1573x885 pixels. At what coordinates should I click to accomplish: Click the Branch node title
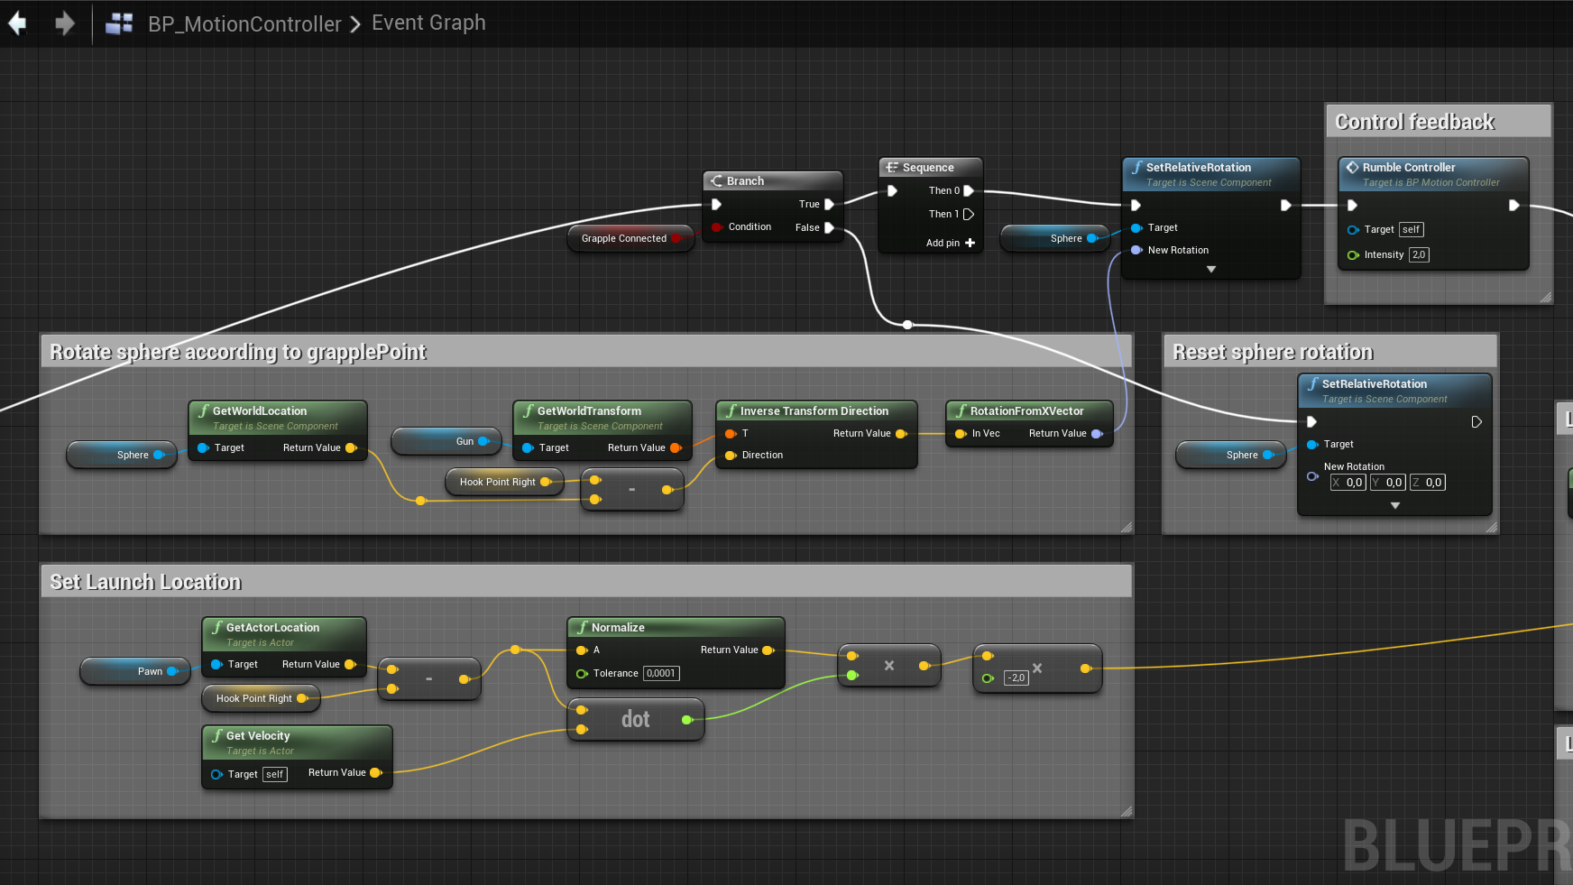coord(745,181)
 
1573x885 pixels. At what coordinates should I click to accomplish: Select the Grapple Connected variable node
coord(624,238)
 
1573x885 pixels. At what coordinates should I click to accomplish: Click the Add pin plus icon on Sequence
coord(970,243)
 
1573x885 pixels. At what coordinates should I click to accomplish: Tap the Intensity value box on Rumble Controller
coord(1419,255)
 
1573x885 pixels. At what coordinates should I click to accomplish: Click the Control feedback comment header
coord(1414,122)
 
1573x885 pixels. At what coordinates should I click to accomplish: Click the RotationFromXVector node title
coord(1026,411)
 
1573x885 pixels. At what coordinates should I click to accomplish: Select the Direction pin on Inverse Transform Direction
coord(731,456)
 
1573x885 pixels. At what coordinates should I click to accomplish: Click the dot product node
coord(635,719)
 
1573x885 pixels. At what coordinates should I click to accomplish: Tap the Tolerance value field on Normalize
coord(661,674)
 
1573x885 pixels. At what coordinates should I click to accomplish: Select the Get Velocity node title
coord(258,736)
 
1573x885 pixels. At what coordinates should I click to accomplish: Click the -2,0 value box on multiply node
coord(1016,678)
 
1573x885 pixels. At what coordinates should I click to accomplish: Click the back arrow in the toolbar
coord(18,23)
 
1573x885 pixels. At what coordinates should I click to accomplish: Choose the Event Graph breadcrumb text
coord(428,23)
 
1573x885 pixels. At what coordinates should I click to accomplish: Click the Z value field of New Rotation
coord(1432,483)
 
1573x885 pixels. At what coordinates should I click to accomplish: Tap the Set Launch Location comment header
coord(145,582)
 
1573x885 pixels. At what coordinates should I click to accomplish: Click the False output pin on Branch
coord(829,228)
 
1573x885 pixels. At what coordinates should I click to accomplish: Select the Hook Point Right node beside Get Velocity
coord(254,698)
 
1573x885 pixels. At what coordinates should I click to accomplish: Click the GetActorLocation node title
coord(272,628)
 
